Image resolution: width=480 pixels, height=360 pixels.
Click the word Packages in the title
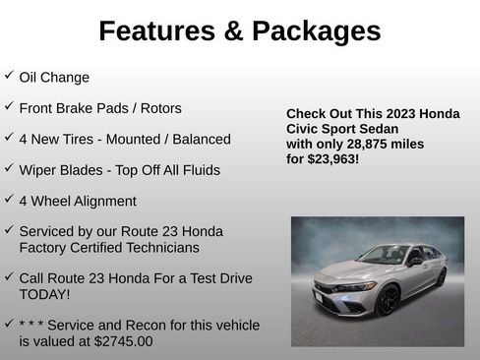click(316, 31)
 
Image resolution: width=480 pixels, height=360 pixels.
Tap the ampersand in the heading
click(234, 31)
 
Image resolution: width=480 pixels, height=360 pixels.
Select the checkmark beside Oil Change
click(9, 76)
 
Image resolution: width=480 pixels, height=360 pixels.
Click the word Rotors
click(158, 108)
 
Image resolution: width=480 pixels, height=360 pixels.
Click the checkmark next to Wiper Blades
click(9, 168)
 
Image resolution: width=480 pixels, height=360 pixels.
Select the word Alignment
click(103, 201)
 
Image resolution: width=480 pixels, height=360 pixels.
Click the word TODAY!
click(44, 294)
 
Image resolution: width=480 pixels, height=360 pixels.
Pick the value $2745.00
click(119, 341)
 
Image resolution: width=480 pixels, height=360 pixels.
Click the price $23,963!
click(331, 158)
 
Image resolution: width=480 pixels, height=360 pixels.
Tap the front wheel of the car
click(388, 300)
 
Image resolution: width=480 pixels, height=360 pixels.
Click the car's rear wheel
click(441, 277)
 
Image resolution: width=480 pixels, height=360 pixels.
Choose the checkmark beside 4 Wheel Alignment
click(9, 200)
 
